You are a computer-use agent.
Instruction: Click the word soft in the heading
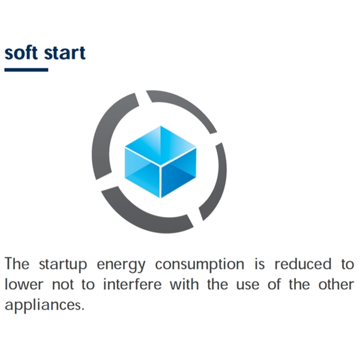pos(21,52)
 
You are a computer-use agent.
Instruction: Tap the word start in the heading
pos(65,53)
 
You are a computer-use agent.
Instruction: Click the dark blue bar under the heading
pos(26,70)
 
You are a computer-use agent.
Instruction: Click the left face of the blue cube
pos(142,172)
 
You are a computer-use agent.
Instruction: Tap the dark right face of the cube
pos(179,172)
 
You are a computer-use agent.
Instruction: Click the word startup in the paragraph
pos(63,265)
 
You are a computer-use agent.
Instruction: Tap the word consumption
pos(200,265)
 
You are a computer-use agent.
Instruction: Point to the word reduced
pos(303,263)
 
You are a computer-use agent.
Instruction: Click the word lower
pos(24,284)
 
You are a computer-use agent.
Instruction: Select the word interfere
pos(132,284)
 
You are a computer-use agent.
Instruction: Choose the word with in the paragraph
pos(184,284)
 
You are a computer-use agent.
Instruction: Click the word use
pos(248,286)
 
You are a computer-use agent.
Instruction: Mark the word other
pos(336,284)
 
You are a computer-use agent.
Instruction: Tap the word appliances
pos(44,305)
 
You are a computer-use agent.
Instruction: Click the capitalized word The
pos(17,263)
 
